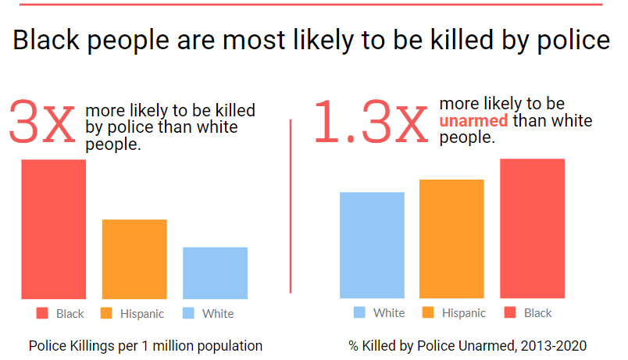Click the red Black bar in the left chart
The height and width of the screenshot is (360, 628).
click(x=53, y=229)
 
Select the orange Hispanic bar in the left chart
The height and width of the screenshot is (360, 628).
click(x=134, y=258)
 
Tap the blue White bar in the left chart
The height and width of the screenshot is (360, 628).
click(x=215, y=273)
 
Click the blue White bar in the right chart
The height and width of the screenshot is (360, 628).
click(x=372, y=245)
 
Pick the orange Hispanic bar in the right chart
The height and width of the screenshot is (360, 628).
click(x=451, y=239)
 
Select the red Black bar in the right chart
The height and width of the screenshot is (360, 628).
click(x=532, y=228)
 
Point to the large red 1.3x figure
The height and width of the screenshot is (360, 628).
click(x=372, y=122)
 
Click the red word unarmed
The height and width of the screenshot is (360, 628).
click(x=473, y=121)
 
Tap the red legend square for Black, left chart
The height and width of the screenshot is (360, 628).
click(x=43, y=313)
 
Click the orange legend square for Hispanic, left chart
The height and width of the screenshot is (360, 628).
click(x=107, y=313)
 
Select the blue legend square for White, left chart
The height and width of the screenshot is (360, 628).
click(x=188, y=313)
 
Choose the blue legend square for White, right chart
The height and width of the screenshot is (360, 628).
click(x=359, y=312)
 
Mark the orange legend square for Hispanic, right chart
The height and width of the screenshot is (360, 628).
click(x=428, y=312)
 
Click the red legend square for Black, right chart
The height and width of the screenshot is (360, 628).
click(x=510, y=312)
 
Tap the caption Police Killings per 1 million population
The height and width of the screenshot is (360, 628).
click(x=145, y=345)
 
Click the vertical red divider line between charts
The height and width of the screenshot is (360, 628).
click(x=291, y=206)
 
